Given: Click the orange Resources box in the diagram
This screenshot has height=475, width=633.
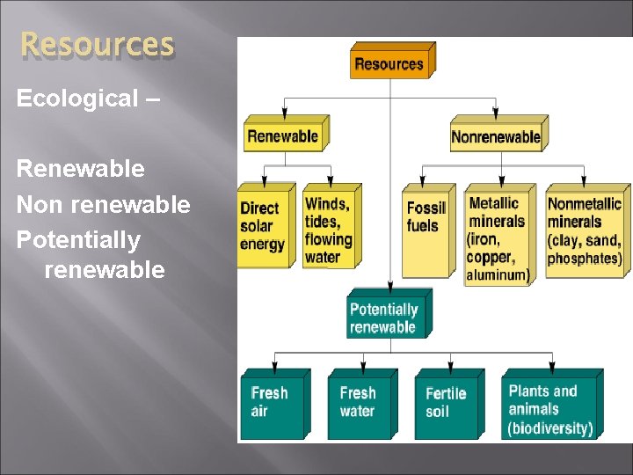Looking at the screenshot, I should tap(389, 63).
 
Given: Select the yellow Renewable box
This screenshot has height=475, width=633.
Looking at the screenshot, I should tap(282, 136).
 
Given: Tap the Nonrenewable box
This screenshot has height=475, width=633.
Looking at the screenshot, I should tap(495, 136).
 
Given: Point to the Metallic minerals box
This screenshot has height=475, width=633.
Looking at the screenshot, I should tap(498, 238).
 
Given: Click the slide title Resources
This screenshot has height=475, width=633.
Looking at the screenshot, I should tap(97, 45).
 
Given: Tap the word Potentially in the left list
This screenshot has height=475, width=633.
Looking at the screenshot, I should tap(77, 240).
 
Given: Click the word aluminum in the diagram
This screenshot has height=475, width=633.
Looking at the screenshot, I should tap(498, 275).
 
